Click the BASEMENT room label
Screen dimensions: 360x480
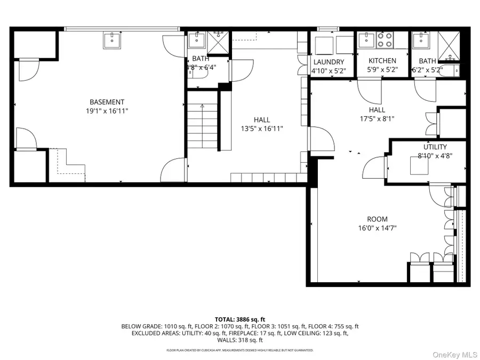pyautogui.click(x=107, y=102)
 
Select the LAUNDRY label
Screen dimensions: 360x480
pyautogui.click(x=325, y=62)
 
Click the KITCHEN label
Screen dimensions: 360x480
pyautogui.click(x=382, y=61)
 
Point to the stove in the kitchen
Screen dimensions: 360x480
pyautogui.click(x=385, y=41)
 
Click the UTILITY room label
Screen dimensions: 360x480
pyautogui.click(x=435, y=147)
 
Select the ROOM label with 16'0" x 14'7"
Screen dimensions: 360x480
pyautogui.click(x=377, y=219)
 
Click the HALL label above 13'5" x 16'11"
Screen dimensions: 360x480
pyautogui.click(x=261, y=119)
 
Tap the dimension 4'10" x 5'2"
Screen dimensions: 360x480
pyautogui.click(x=325, y=70)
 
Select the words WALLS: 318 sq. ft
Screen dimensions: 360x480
pyautogui.click(x=239, y=340)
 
